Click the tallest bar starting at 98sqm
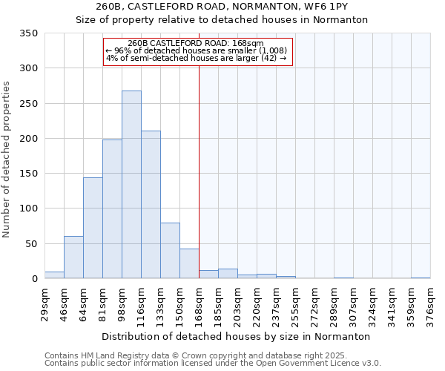[131, 185]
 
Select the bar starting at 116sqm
[151, 205]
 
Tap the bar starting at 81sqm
[112, 209]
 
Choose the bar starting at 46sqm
[73, 257]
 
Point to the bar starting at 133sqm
[170, 251]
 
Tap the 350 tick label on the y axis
[28, 33]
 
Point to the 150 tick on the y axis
[28, 174]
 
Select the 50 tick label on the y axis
[31, 244]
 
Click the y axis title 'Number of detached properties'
[7, 160]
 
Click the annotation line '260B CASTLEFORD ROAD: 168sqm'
[195, 44]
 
